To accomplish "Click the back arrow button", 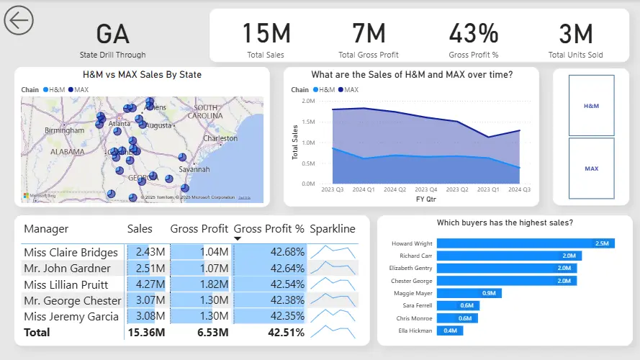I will pos(19,21).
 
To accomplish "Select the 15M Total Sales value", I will pos(266,34).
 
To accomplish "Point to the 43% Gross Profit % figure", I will pos(473,34).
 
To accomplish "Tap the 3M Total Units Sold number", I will pos(575,34).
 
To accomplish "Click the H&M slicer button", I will pos(591,105).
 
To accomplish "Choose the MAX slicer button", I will pos(591,168).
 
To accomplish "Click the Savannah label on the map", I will pos(194,169).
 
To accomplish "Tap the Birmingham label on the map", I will pos(64,130).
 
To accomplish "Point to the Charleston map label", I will pos(220,138).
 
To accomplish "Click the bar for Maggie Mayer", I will pos(469,293).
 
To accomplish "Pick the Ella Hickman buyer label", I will pos(417,330).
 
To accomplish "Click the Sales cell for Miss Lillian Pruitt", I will pos(146,284).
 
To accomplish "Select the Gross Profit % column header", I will pos(269,229).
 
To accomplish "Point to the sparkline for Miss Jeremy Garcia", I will pos(333,316).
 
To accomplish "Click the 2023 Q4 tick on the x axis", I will pos(426,190).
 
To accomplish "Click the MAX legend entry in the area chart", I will pos(350,90).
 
